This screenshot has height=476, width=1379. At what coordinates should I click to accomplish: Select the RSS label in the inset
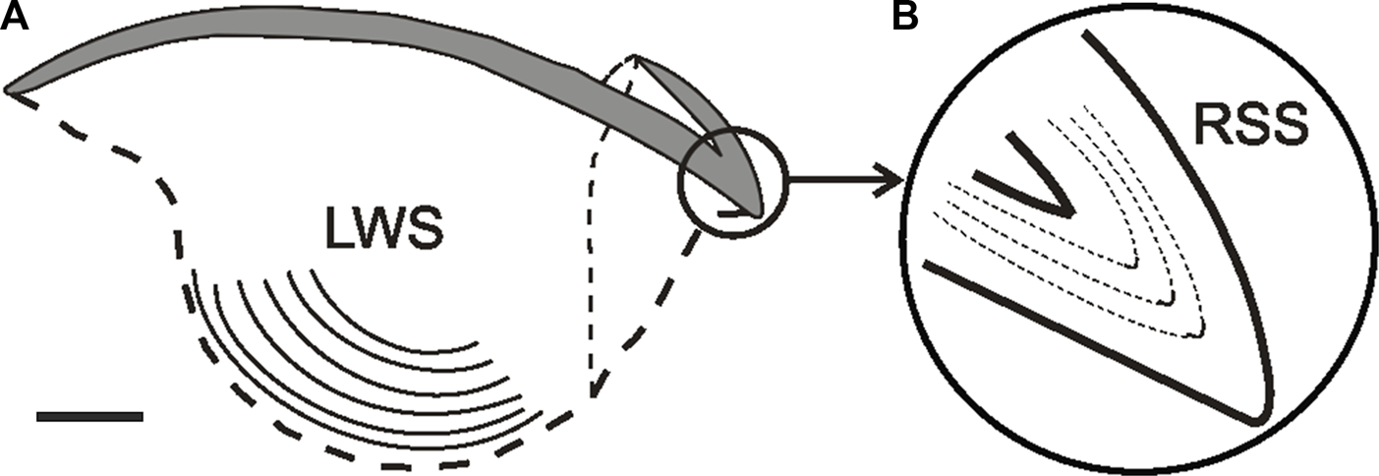click(1247, 126)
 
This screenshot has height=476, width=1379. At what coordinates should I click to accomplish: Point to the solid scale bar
click(89, 417)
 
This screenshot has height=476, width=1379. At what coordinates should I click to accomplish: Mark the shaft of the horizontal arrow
click(835, 180)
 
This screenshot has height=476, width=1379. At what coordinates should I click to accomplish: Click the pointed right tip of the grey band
click(759, 213)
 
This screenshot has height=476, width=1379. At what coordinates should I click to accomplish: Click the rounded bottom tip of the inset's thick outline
click(1259, 420)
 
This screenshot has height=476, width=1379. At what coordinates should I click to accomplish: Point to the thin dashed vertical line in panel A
click(593, 275)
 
